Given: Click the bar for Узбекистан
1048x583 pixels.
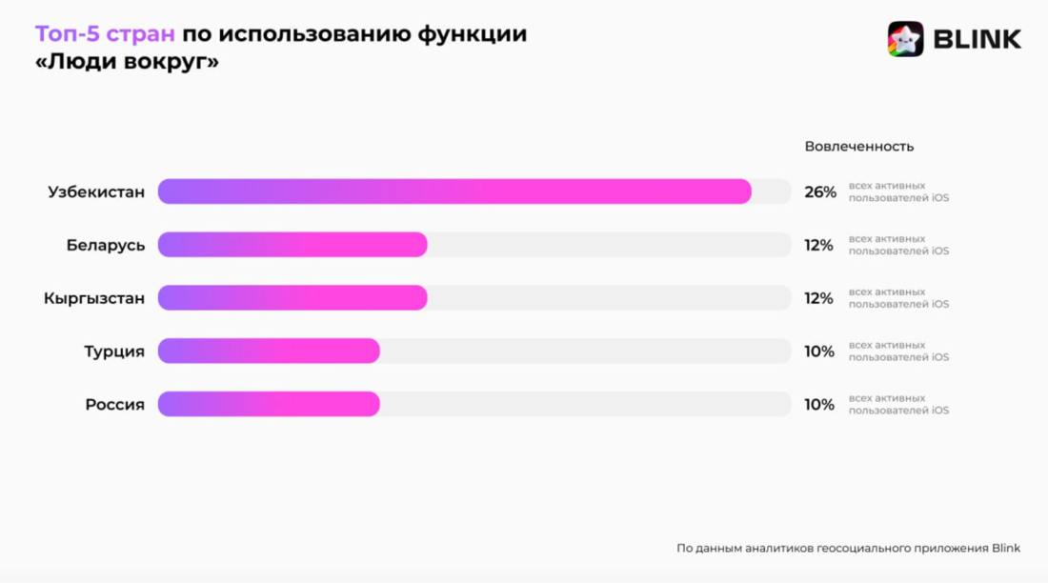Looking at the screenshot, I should [x=454, y=191].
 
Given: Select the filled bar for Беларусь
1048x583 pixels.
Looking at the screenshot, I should [x=292, y=245].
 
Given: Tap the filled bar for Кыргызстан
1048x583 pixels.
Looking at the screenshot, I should [x=292, y=298].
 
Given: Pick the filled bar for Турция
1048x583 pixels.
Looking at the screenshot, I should [x=269, y=352].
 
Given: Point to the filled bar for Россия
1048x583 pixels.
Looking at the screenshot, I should [x=269, y=405].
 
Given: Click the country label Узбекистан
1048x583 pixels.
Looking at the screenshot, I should [x=96, y=191].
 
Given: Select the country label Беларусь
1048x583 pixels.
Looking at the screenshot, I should [x=106, y=245].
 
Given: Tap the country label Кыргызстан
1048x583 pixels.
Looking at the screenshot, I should [x=94, y=298].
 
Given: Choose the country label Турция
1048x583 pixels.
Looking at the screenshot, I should [x=114, y=352].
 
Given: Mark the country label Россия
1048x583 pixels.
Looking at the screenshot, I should [x=115, y=405].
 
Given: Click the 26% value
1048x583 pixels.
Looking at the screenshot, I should [x=819, y=192].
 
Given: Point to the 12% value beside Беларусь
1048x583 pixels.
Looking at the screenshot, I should [x=818, y=246].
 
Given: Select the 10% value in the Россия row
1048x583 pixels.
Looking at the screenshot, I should [x=818, y=405].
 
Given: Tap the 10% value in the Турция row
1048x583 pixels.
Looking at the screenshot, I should [x=818, y=352].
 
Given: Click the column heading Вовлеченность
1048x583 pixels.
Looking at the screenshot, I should [x=858, y=147].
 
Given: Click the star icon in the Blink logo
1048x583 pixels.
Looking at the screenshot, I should [x=905, y=39].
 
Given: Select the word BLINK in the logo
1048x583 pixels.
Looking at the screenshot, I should [x=977, y=39].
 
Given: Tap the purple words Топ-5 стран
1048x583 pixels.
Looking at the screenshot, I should [x=105, y=34].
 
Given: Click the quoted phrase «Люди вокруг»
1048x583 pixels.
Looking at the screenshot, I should [x=127, y=64].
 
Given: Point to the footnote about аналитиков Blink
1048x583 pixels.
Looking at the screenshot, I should [x=848, y=548].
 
